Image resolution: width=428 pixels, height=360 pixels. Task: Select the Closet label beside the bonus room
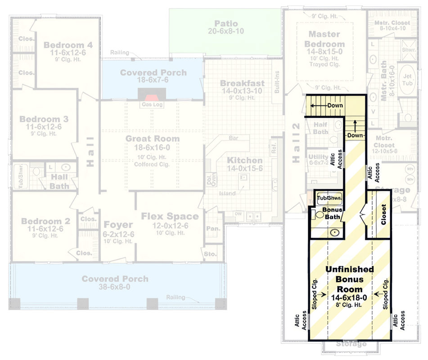[383, 215]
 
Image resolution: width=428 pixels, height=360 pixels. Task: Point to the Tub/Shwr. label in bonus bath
[329, 198]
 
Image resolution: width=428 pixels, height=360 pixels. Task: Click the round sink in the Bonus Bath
[335, 232]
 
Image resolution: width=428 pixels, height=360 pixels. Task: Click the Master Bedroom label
[324, 39]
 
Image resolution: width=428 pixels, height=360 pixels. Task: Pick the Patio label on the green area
[226, 23]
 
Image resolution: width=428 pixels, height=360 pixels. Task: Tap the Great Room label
[152, 139]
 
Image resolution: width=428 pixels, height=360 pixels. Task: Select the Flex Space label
[170, 216]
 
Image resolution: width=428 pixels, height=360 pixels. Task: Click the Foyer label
[118, 225]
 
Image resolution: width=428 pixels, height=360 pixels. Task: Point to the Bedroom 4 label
[68, 45]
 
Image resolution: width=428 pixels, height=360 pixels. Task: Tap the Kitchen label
[244, 161]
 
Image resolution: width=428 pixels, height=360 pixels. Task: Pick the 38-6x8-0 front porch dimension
[115, 287]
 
